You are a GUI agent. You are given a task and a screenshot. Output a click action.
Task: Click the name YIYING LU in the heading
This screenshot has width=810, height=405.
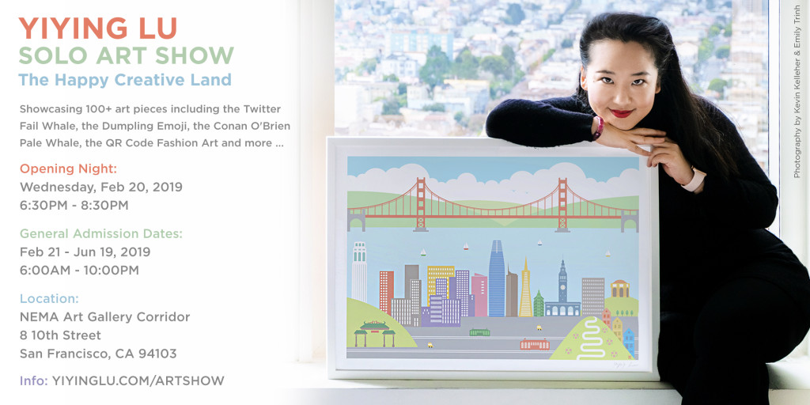(x=98, y=29)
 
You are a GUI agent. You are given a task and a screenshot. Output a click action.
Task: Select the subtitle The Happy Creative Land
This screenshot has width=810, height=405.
(x=125, y=80)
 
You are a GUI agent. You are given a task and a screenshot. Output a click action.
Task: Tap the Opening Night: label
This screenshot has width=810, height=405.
(x=69, y=169)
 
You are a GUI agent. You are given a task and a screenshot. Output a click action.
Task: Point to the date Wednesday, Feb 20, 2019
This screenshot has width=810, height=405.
(x=101, y=187)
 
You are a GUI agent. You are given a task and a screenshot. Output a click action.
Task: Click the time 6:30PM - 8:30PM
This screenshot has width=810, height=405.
(x=74, y=205)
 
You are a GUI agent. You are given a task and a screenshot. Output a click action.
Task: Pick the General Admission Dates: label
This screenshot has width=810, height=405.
(x=101, y=234)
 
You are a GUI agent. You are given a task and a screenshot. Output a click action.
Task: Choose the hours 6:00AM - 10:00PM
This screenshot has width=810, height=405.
(x=80, y=271)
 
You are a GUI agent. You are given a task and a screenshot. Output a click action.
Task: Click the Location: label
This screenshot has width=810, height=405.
(x=50, y=298)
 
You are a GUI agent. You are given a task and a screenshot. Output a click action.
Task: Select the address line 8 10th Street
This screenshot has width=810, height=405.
(x=60, y=335)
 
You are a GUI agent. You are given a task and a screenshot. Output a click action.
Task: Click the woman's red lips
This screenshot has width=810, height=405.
(x=622, y=112)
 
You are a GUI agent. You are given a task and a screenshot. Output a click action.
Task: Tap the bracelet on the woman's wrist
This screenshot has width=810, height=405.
(x=598, y=127)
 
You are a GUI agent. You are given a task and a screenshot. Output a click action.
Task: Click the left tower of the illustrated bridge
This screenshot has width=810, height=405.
(x=421, y=205)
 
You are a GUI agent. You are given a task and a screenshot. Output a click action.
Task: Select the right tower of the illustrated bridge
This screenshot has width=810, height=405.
(x=562, y=205)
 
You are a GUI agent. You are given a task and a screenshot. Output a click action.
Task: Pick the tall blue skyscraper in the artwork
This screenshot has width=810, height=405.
(x=497, y=278)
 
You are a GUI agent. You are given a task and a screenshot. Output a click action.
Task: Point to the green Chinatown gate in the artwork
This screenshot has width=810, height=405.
(x=374, y=333)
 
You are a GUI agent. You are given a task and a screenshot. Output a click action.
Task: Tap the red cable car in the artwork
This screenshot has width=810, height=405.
(x=535, y=344)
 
